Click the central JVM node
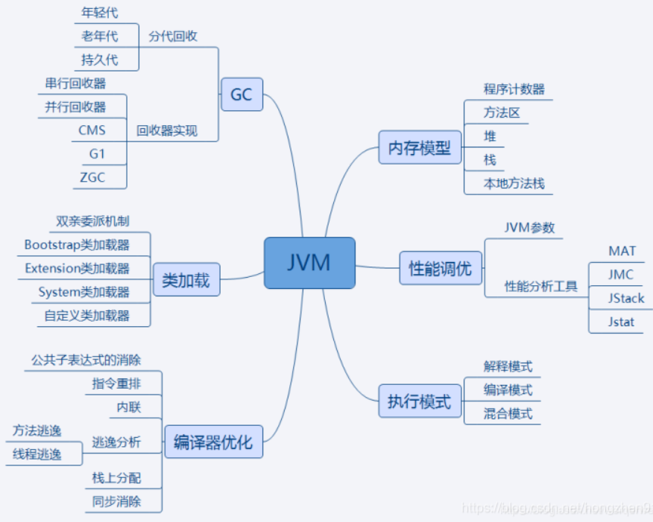click(x=309, y=263)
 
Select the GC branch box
click(x=242, y=95)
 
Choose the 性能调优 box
click(x=441, y=268)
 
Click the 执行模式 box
click(x=420, y=401)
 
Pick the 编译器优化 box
click(x=213, y=442)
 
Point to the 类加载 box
click(x=186, y=281)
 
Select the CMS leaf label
click(x=92, y=130)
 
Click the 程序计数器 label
click(x=514, y=89)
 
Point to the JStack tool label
click(x=626, y=299)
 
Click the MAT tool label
click(x=622, y=251)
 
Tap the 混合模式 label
click(x=508, y=413)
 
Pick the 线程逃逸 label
click(x=37, y=454)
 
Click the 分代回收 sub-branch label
click(x=173, y=36)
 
